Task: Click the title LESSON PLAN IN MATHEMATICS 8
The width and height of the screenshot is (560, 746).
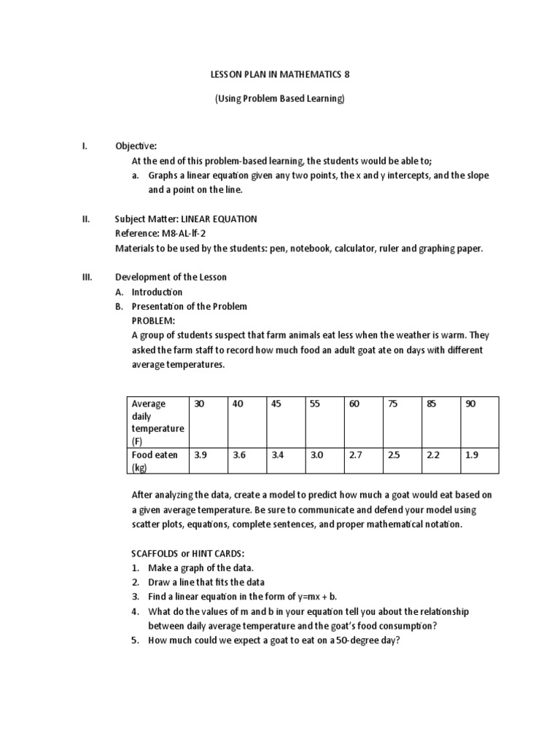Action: coord(279,74)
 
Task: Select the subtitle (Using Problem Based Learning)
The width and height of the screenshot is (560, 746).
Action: coord(279,99)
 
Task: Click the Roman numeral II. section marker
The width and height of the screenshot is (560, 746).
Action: coord(85,219)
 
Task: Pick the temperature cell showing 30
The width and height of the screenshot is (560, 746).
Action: coord(199,404)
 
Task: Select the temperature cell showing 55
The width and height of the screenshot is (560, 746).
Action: coord(315,404)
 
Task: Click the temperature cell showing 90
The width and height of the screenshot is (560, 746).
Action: coord(470,404)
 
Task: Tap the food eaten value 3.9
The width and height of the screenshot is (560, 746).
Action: coord(201,455)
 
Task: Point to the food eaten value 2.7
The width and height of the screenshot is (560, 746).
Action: coord(355,455)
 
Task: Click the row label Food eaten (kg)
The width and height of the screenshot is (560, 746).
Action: coord(155,460)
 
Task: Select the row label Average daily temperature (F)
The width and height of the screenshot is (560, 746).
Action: coord(157,423)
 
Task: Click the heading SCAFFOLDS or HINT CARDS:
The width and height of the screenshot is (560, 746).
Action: coord(193,553)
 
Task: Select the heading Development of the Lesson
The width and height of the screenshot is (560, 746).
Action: coord(171,277)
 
